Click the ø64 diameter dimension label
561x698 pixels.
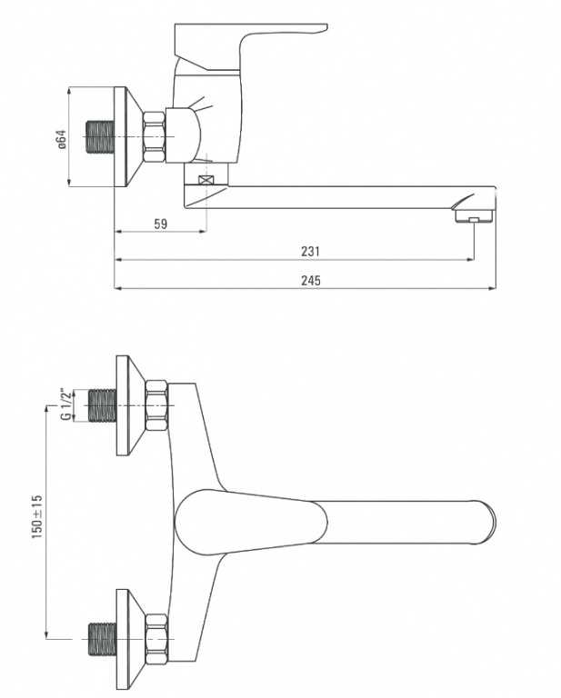pos(62,139)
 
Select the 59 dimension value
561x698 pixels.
pos(161,224)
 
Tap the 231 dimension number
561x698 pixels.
pos(310,252)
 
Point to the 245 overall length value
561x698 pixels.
pos(310,281)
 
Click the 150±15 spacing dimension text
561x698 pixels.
pos(37,516)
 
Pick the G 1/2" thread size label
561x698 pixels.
pos(65,405)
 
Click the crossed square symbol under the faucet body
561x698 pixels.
pos(205,180)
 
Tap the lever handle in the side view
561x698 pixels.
pos(251,46)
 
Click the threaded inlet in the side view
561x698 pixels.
pos(99,136)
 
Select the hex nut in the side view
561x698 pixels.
pos(155,136)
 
